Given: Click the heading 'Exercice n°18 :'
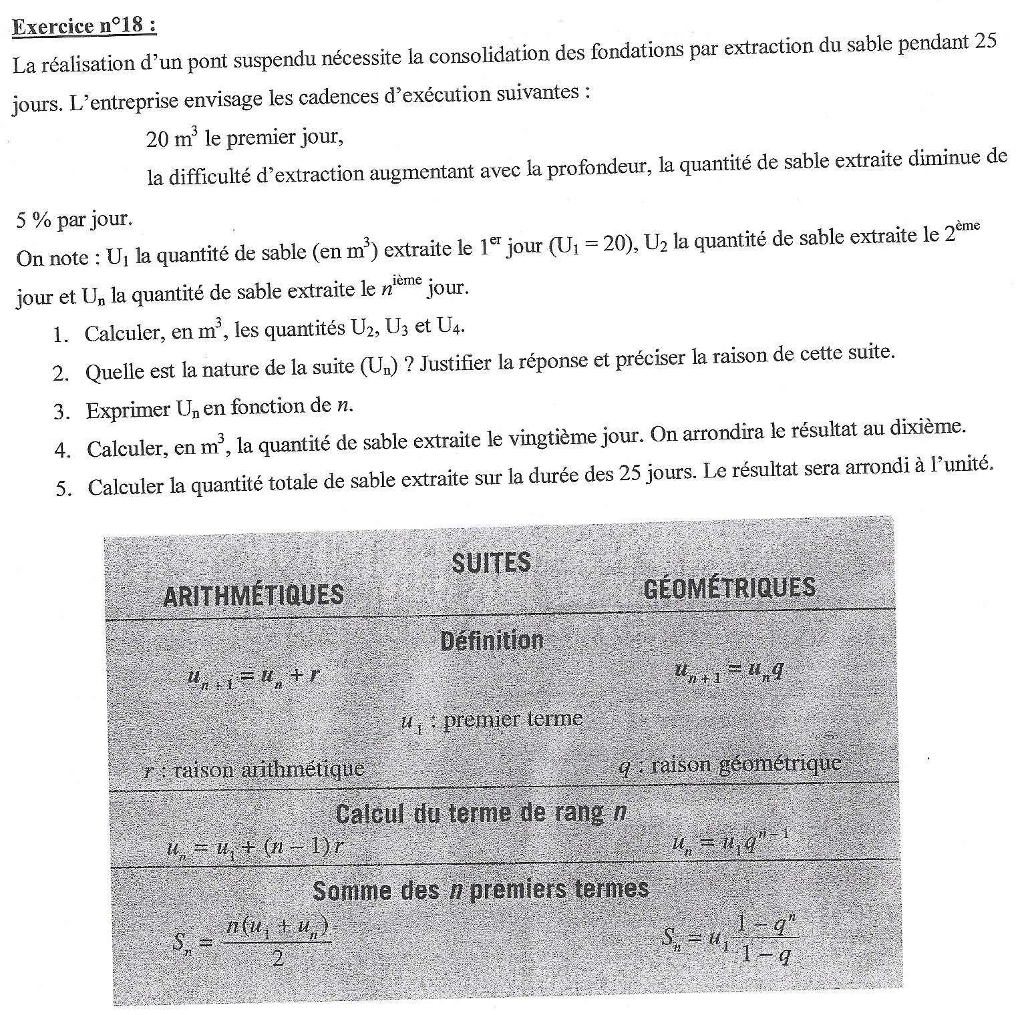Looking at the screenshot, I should [85, 27].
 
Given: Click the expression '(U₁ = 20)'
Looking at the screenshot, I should [592, 246].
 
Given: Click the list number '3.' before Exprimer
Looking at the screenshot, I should [62, 412].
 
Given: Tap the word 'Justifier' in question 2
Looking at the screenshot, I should [461, 363].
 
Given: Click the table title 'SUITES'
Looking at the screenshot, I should [491, 563].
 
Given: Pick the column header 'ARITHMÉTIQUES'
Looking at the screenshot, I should [253, 595].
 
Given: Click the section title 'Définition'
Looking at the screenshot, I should [492, 641].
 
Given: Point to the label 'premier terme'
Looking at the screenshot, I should [512, 720].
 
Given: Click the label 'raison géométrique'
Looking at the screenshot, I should [746, 765].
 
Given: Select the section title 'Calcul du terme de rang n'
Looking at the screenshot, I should [481, 813].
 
